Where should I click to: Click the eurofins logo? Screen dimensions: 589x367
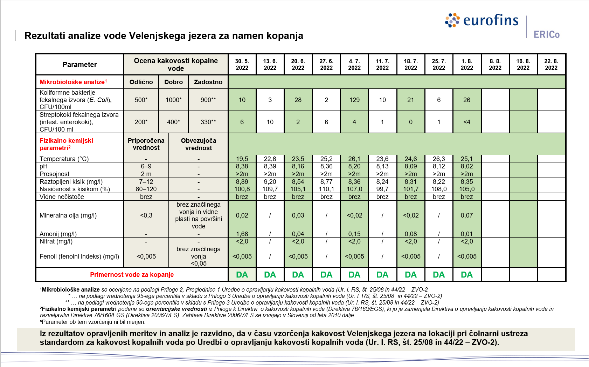pyautogui.click(x=481, y=20)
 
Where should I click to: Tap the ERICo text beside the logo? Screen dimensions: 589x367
pyautogui.click(x=546, y=34)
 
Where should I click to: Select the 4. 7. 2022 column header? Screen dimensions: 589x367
pyautogui.click(x=354, y=65)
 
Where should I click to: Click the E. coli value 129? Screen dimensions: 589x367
pyautogui.click(x=354, y=100)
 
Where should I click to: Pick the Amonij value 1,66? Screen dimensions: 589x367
pyautogui.click(x=242, y=234)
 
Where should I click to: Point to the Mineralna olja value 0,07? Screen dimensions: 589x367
pyautogui.click(x=467, y=215)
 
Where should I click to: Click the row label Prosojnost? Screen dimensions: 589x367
pyautogui.click(x=54, y=174)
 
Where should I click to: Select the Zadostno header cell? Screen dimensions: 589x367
pyautogui.click(x=208, y=82)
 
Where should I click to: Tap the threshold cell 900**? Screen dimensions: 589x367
pyautogui.click(x=208, y=100)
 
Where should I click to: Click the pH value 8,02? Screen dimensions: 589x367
pyautogui.click(x=467, y=166)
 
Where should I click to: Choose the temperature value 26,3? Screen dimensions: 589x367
pyautogui.click(x=438, y=159)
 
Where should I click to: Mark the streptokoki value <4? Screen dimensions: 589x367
pyautogui.click(x=467, y=122)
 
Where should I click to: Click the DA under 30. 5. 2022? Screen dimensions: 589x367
pyautogui.click(x=242, y=274)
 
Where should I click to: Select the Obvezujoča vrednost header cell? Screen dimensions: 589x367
pyautogui.click(x=199, y=144)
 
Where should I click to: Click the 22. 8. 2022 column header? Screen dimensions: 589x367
pyautogui.click(x=551, y=65)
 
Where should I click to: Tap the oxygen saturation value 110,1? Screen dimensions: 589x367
pyautogui.click(x=326, y=189)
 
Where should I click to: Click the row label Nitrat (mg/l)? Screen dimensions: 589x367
pyautogui.click(x=56, y=241)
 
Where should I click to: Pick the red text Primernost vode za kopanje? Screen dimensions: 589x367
pyautogui.click(x=132, y=274)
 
